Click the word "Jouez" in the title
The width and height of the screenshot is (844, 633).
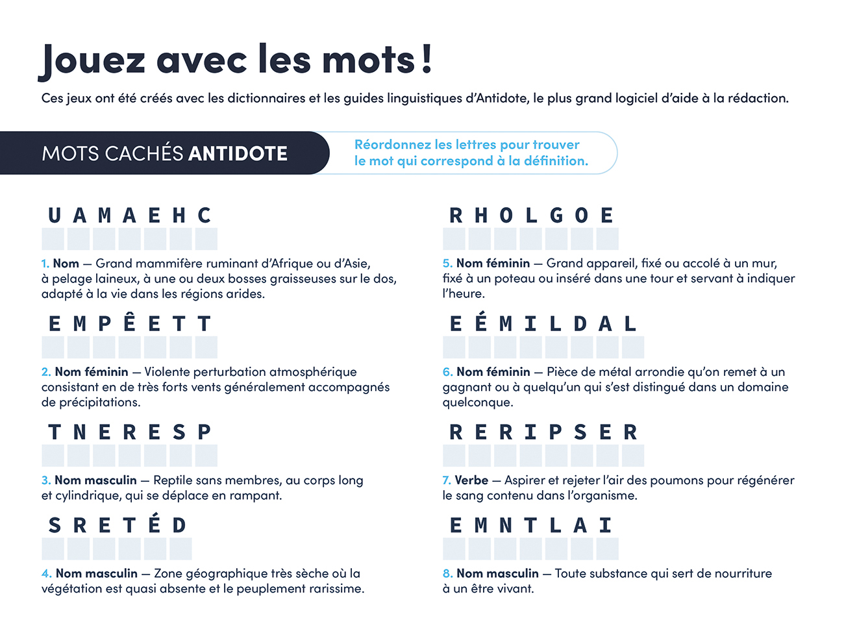[93, 60]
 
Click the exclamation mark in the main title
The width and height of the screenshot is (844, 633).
[426, 58]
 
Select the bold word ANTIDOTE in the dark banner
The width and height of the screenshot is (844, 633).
[238, 154]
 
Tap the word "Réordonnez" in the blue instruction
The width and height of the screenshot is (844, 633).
[392, 145]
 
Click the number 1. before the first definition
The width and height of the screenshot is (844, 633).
[45, 264]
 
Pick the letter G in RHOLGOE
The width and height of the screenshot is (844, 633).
[556, 216]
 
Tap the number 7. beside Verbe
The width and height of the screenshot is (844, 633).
[447, 480]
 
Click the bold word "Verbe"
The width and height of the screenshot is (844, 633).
[471, 480]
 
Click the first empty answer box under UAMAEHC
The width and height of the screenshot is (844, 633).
[53, 239]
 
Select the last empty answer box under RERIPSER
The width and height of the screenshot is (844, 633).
[632, 456]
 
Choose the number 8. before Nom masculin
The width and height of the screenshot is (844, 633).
[448, 574]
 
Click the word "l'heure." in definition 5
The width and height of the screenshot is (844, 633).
[464, 294]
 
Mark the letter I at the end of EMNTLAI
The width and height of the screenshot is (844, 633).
[606, 525]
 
